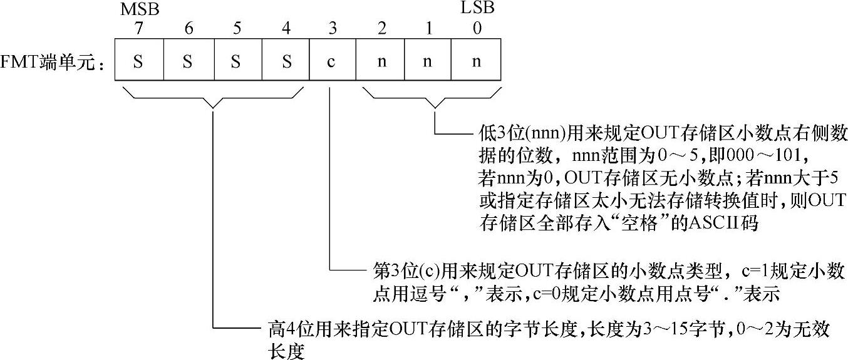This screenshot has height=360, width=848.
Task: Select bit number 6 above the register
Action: coord(188,29)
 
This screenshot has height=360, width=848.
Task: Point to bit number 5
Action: coord(237,29)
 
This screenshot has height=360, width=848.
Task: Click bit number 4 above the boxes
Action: coord(286,29)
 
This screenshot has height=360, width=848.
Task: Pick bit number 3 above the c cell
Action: coord(333,29)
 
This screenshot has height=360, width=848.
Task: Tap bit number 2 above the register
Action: coord(380,29)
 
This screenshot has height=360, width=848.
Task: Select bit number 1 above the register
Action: coord(428,29)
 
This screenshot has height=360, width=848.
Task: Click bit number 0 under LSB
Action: coord(477,29)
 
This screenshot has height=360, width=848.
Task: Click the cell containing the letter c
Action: coord(333,61)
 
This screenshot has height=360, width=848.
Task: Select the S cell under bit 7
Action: coord(139,61)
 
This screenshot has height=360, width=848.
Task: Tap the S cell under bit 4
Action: coord(286,61)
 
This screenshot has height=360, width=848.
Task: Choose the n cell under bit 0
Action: coord(477,61)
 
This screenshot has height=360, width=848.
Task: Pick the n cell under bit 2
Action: coord(380,61)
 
